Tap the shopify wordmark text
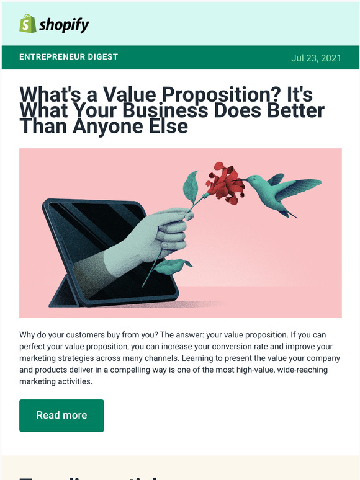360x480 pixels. coord(64,25)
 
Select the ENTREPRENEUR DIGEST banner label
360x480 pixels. coord(69,57)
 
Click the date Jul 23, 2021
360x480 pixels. coord(316,58)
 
